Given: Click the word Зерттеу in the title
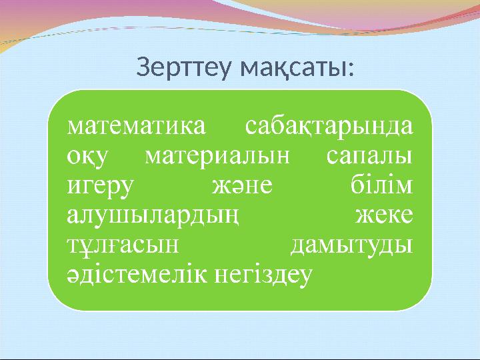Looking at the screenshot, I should pyautogui.click(x=185, y=67).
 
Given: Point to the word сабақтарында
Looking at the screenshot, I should pyautogui.click(x=329, y=127).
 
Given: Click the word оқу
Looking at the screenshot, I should pyautogui.click(x=87, y=157).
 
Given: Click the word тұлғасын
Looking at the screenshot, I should pyautogui.click(x=123, y=245).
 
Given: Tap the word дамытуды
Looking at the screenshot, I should pyautogui.click(x=351, y=245).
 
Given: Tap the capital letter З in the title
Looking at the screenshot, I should pyautogui.click(x=143, y=67).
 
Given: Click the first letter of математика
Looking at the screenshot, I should pyautogui.click(x=75, y=127).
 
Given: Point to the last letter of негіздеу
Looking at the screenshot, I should pyautogui.click(x=305, y=275).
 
